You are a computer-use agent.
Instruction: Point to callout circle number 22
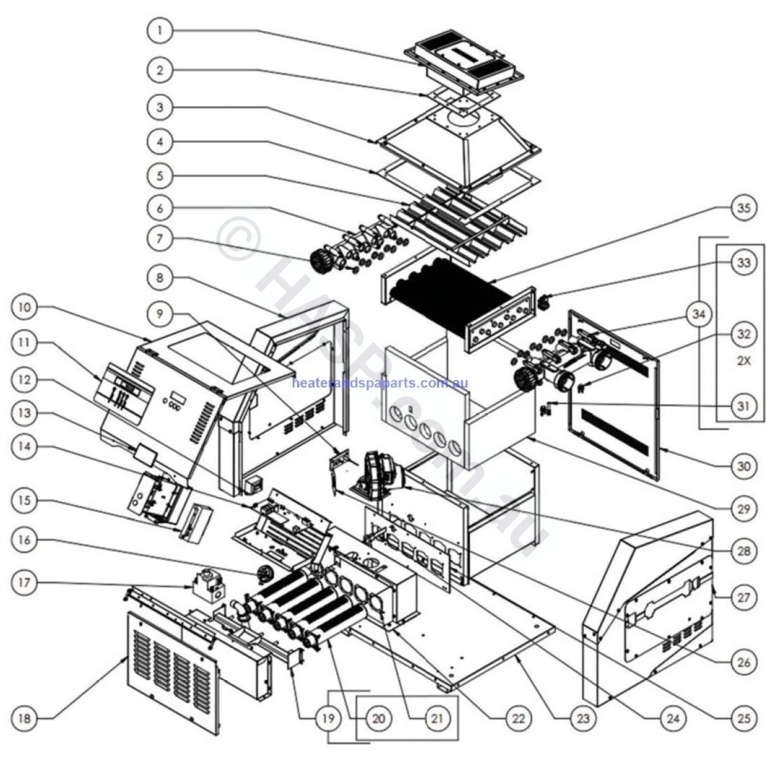[x=518, y=718]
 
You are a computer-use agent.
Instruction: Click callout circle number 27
[x=744, y=597]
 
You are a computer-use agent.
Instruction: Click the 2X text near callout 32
[x=744, y=361]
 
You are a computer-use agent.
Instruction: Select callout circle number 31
[x=744, y=406]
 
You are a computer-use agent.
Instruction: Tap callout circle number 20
[x=379, y=718]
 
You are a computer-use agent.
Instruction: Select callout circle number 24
[x=674, y=718]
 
